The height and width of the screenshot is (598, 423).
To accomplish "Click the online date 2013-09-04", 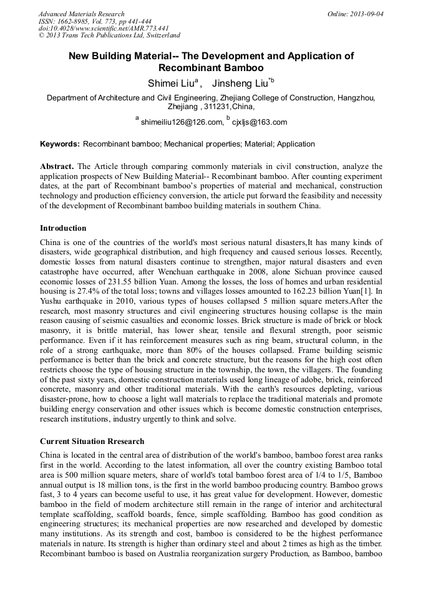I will click(367, 14).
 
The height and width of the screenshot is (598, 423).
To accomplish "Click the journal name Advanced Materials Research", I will click(82, 14).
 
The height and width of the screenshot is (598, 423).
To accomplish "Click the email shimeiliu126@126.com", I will click(182, 122).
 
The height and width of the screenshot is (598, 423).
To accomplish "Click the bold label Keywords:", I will click(60, 144).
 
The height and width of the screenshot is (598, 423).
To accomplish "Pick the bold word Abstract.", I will click(57, 167).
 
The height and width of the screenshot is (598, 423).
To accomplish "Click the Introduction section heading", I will click(63, 228).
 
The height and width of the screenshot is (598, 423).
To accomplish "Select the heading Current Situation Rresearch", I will click(92, 441).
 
